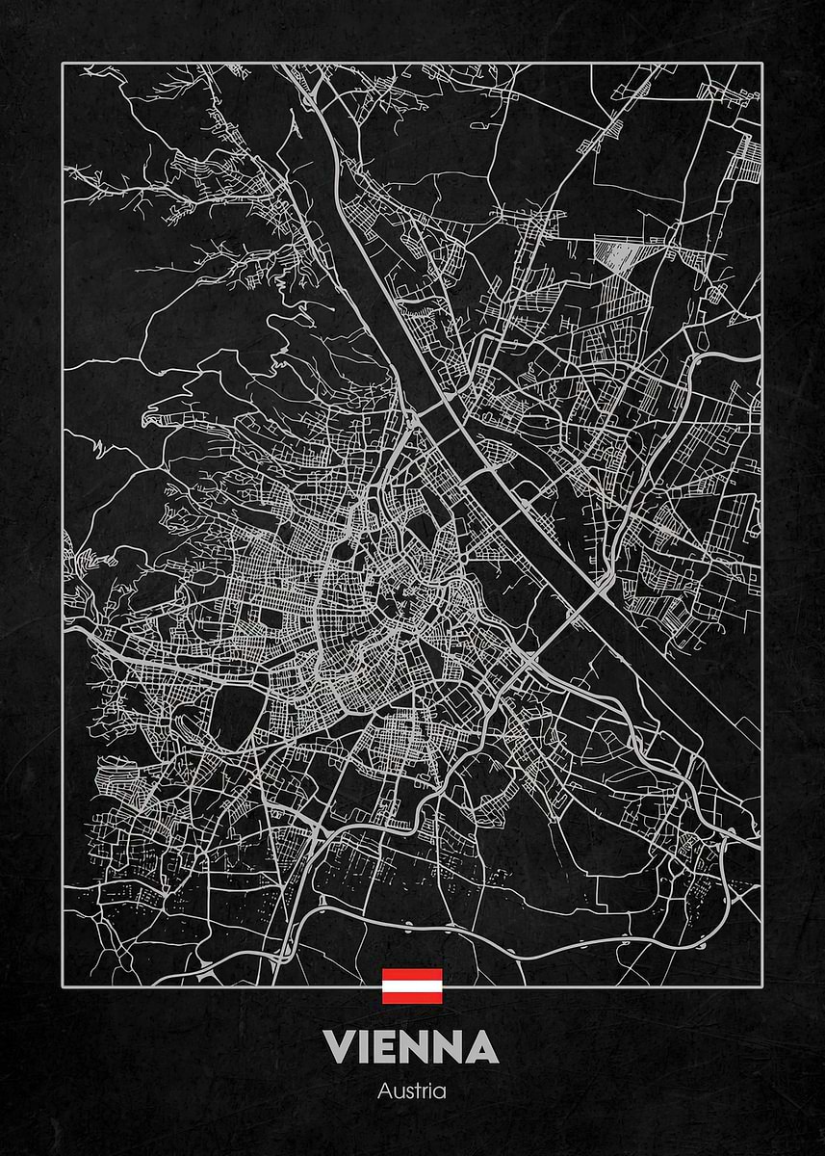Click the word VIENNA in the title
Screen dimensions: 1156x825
pos(412,1047)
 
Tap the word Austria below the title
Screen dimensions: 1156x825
pos(412,1092)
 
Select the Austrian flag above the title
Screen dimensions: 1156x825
pos(412,986)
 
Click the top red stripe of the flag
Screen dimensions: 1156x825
pos(412,975)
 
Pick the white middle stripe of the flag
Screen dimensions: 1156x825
pos(412,986)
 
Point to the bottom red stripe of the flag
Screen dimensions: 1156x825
pos(412,998)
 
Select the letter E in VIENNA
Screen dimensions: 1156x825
pos(386,1047)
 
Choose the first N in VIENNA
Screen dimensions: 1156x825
pos(417,1047)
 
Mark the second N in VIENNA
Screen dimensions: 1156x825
pos(452,1047)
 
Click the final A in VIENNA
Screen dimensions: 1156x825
pos(484,1047)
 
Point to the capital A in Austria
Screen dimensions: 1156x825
pos(385,1092)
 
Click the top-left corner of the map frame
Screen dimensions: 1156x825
pos(64,64)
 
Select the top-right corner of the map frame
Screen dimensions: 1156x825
pos(762,64)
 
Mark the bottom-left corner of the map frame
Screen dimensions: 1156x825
pos(64,985)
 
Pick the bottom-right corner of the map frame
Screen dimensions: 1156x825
pos(762,985)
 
